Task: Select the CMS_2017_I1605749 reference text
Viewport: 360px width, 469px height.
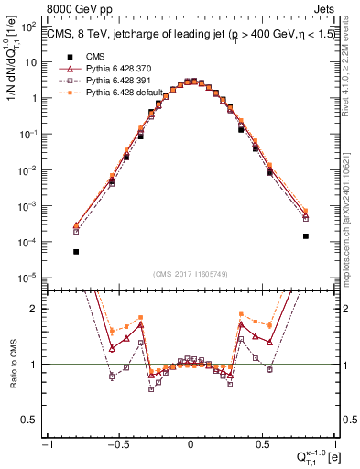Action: click(191, 274)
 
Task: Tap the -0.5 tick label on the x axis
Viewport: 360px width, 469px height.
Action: click(118, 444)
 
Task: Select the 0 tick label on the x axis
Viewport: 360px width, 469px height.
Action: click(191, 444)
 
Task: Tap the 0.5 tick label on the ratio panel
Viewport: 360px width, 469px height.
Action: click(30, 420)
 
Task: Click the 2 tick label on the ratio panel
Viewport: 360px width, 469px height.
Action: click(35, 309)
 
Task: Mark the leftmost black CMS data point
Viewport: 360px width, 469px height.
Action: click(76, 252)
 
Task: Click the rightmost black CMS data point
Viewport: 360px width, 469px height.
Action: click(305, 236)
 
